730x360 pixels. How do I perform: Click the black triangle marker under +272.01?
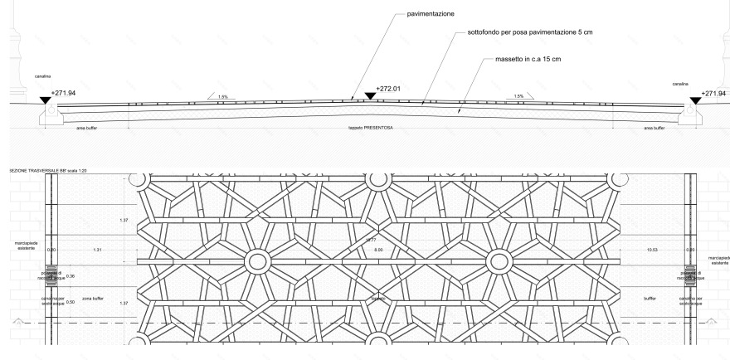coord(370,96)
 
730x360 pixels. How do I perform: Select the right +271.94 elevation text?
coord(713,94)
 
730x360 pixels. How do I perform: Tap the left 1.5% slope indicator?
coord(222,96)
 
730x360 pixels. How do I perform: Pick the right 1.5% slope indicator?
coord(518,96)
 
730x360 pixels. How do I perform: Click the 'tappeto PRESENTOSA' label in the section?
coord(371,129)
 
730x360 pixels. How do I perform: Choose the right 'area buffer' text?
coord(655,129)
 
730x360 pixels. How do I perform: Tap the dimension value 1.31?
coord(97,250)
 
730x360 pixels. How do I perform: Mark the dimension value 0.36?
coord(70,275)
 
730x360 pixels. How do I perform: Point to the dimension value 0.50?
coord(70,303)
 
